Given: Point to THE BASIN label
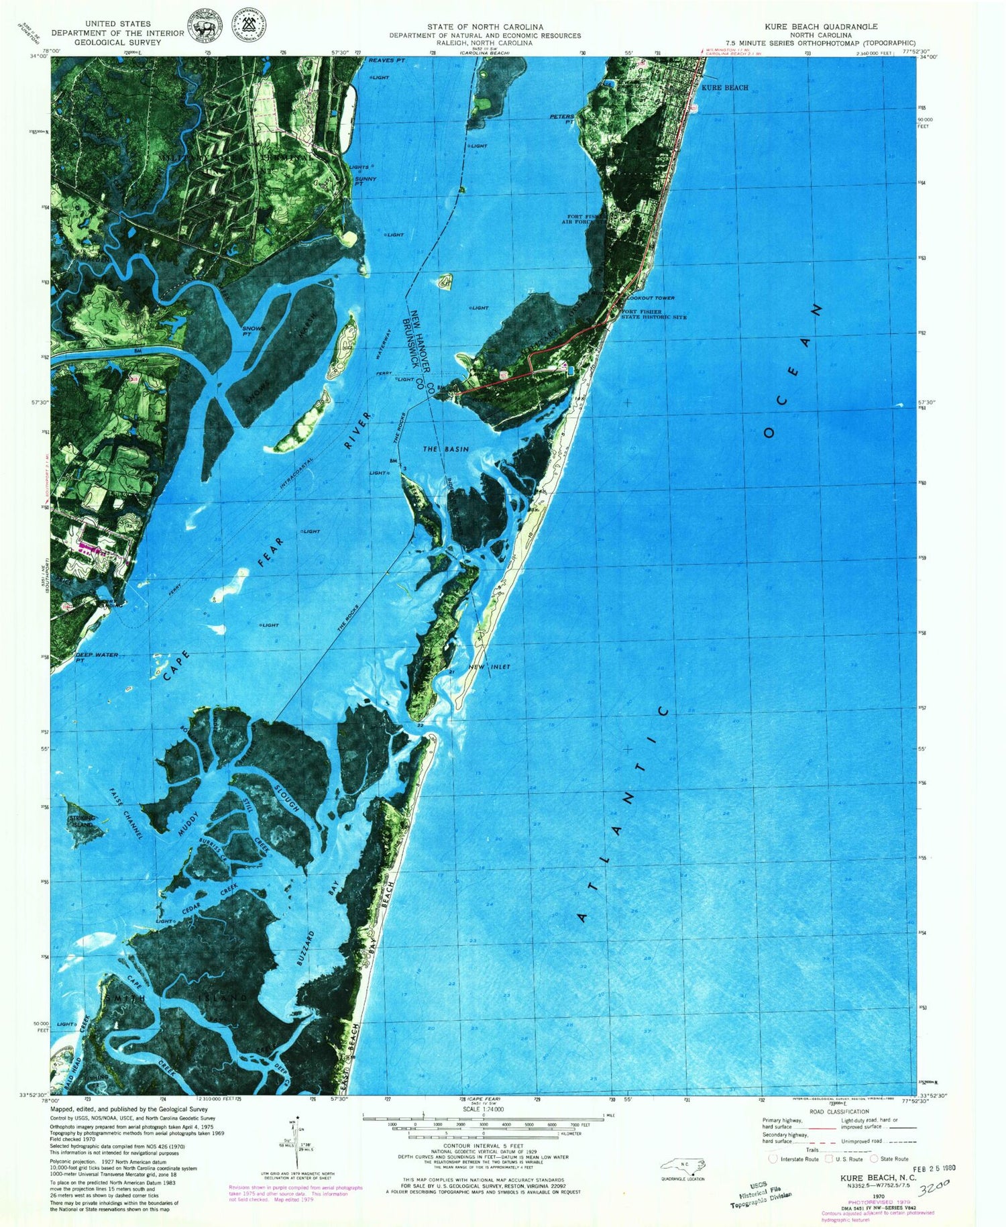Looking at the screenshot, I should point(445,449).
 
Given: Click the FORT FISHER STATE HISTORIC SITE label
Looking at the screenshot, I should point(653,314).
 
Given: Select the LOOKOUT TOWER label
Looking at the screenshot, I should point(651,298).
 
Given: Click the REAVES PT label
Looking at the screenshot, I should point(387,61).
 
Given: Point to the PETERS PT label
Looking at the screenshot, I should point(561,119).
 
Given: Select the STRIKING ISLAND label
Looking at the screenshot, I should point(82,821).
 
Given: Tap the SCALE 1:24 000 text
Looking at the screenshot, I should point(476,1108).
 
